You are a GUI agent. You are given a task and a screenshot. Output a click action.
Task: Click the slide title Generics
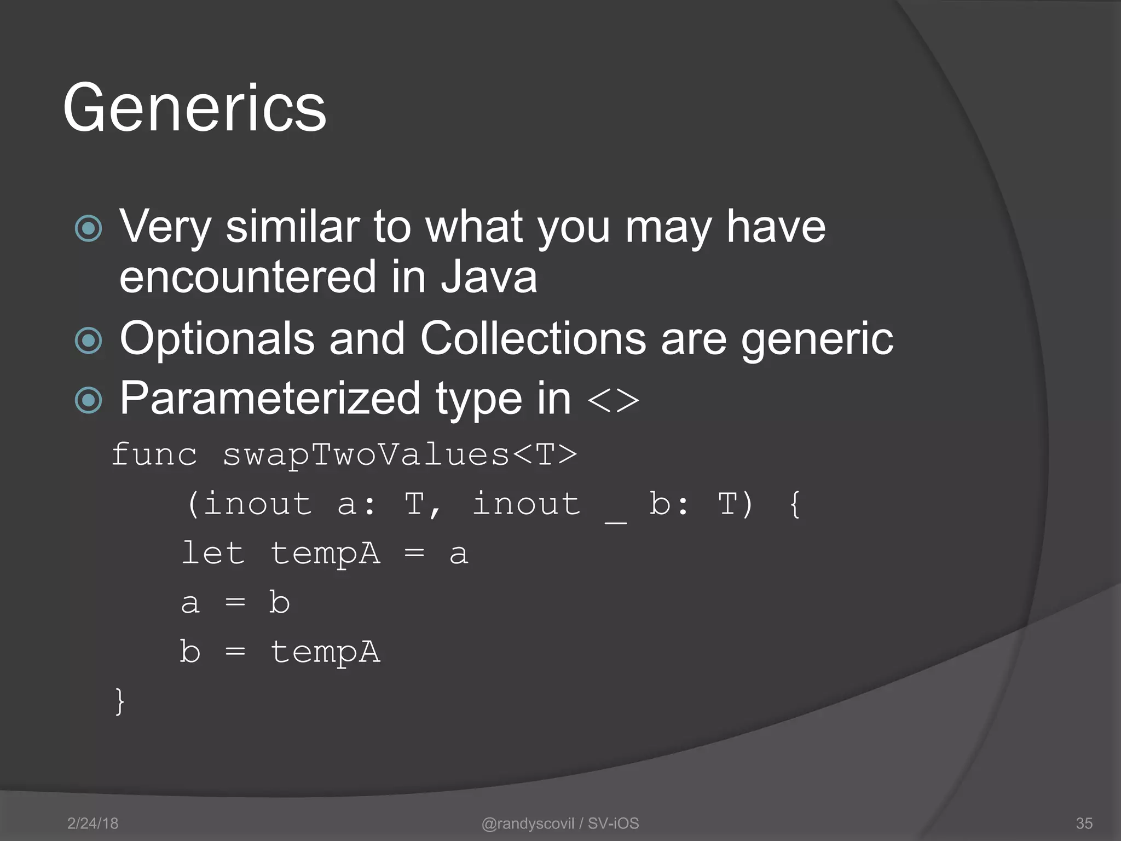[x=194, y=108]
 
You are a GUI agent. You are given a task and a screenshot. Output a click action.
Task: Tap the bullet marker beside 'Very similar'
[x=89, y=228]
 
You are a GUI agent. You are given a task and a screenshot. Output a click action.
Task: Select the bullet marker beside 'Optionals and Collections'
[x=89, y=340]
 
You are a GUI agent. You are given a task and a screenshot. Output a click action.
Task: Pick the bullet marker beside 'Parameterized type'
[x=89, y=399]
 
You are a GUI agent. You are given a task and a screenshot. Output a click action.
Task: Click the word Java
[x=489, y=277]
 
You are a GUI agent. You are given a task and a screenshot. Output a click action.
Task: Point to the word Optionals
[x=217, y=339]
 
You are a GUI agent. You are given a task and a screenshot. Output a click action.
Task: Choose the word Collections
[x=533, y=339]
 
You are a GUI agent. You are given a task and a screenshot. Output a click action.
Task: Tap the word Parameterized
[x=270, y=399]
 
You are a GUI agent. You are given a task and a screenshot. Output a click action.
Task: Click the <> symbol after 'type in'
[x=613, y=400]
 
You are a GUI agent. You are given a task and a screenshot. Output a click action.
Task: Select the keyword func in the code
[x=154, y=455]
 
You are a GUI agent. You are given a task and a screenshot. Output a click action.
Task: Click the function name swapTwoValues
[x=366, y=455]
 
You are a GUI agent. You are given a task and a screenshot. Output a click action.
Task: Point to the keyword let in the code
[x=212, y=553]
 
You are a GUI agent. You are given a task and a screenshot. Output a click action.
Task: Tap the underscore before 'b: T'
[x=615, y=521]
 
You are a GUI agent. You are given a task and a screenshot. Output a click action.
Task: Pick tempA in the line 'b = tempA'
[x=325, y=653]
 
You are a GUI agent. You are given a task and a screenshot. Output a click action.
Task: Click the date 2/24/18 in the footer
[x=93, y=823]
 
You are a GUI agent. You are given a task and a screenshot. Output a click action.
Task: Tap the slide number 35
[x=1084, y=823]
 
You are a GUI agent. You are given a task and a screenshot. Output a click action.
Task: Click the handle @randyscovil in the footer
[x=528, y=823]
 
